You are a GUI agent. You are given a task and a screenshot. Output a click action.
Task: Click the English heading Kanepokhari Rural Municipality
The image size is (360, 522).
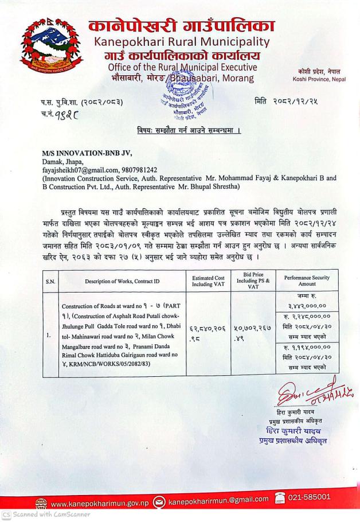click(182, 42)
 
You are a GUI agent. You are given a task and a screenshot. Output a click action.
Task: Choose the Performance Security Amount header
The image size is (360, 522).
click(307, 281)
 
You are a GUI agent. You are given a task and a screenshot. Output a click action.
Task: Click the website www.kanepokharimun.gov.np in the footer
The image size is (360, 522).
click(100, 502)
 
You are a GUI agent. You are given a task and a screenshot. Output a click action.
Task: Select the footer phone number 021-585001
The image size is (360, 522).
click(309, 497)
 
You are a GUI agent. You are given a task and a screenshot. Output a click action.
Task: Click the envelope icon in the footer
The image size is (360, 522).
click(160, 502)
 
